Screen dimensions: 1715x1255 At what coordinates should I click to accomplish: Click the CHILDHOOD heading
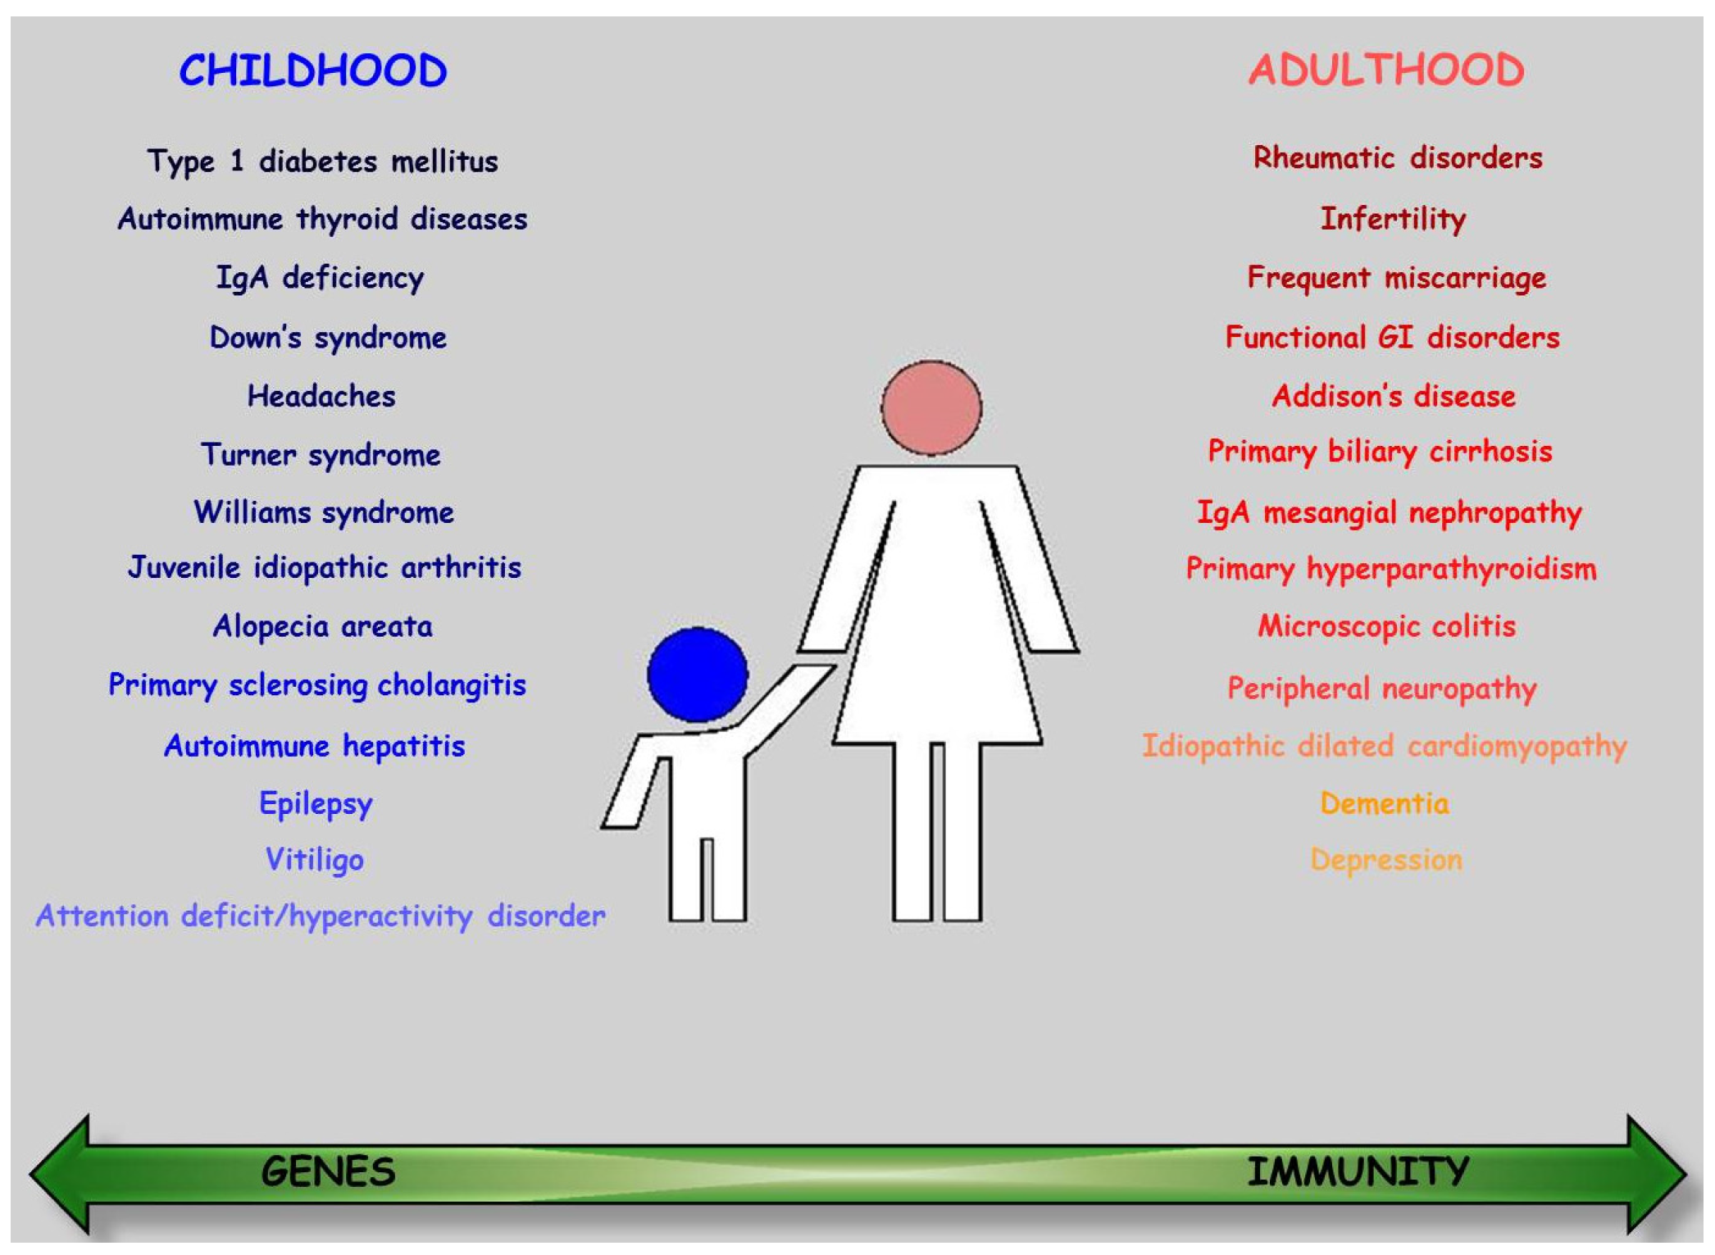coord(313,70)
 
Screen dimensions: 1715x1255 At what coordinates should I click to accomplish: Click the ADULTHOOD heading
coord(1386,70)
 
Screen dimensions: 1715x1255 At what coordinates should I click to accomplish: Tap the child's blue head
coord(698,674)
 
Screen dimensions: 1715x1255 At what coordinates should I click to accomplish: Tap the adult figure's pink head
coord(932,407)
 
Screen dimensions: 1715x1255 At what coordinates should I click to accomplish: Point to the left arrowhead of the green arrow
coord(59,1173)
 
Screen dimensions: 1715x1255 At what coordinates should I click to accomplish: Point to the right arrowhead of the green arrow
coord(1657,1173)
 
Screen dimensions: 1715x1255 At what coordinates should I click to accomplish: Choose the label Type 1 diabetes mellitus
coord(323,161)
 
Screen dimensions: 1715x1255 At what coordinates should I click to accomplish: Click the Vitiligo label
coord(315,860)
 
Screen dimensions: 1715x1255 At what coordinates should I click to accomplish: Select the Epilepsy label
coord(316,804)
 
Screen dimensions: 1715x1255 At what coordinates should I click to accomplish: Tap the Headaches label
coord(321,397)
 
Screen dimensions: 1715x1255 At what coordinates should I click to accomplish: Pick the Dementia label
coord(1385,803)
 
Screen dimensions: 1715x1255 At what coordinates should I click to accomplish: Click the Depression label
coord(1386,861)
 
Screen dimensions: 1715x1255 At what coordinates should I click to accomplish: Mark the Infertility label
coord(1393,219)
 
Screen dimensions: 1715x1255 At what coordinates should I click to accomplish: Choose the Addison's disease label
coord(1394,397)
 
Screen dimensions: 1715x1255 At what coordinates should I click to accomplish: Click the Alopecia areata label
coord(323,626)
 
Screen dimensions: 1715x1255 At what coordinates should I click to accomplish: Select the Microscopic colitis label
coord(1387,627)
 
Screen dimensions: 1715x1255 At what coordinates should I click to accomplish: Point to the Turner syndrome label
coord(321,455)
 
